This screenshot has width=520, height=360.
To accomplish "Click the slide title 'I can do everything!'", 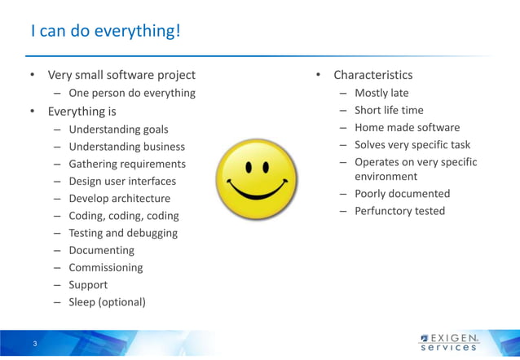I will tap(105, 32).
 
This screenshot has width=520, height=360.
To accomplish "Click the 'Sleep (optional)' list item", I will tap(107, 302).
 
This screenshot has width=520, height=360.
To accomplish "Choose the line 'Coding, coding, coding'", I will tap(123, 216).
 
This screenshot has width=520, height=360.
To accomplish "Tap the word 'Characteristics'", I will tap(372, 75).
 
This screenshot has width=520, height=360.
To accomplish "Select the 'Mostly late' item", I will tap(381, 93).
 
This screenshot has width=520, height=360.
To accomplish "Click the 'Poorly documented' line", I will tap(402, 194).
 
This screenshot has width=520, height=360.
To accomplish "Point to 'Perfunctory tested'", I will tap(399, 211).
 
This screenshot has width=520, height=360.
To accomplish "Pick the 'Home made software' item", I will tap(407, 127).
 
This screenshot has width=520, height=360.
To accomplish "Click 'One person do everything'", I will tap(131, 93).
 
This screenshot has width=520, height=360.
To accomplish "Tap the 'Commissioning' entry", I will tap(105, 267).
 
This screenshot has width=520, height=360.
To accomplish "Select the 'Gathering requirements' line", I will tap(126, 164).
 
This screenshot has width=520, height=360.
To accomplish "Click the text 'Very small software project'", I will tap(121, 75).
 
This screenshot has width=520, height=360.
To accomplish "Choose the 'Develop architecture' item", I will tap(119, 199).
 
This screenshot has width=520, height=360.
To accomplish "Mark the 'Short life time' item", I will tap(389, 110).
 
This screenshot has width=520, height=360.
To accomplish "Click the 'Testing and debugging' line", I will tap(122, 233).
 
